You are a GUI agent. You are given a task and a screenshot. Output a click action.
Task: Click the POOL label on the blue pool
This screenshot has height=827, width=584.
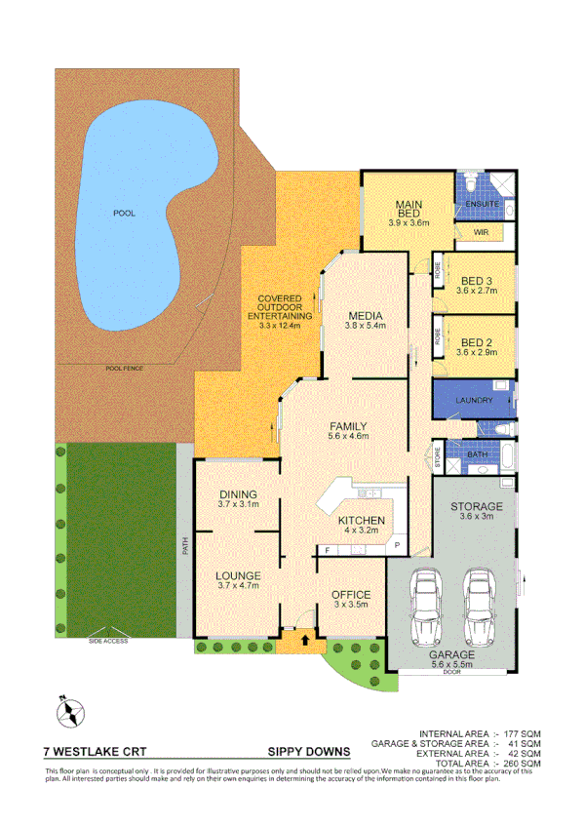click(124, 212)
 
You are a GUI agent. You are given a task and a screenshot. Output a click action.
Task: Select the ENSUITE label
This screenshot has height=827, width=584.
click(483, 205)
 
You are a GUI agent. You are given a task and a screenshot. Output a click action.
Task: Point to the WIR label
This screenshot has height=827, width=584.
click(481, 233)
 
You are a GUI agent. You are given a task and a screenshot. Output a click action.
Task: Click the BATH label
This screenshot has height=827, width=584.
click(477, 454)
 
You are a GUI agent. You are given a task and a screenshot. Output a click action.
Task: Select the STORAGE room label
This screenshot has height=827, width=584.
click(477, 507)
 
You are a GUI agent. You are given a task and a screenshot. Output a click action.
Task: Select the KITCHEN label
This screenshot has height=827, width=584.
click(362, 521)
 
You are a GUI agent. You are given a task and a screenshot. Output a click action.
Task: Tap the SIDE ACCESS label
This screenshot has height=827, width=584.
click(108, 641)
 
